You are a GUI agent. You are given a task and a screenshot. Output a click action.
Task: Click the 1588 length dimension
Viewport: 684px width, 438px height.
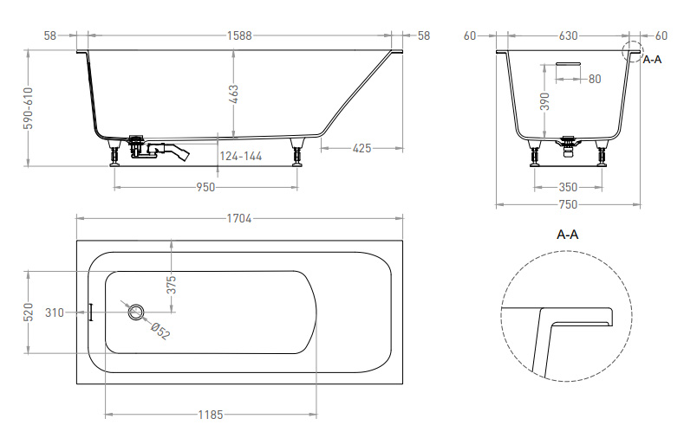[239, 35]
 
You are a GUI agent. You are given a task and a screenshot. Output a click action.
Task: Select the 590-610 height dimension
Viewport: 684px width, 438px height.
[29, 108]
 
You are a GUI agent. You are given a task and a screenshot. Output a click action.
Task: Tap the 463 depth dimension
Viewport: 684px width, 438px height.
[234, 94]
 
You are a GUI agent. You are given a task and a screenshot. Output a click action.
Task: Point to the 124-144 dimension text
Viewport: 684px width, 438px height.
[241, 156]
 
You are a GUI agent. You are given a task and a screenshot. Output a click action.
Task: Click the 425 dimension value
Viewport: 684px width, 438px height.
[362, 149]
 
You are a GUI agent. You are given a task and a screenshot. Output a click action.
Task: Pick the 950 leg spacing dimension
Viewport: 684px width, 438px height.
[205, 187]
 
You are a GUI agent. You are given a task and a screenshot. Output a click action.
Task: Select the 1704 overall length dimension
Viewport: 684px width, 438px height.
[239, 218]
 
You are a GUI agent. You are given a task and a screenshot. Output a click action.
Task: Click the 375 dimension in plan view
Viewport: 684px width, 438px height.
[172, 285]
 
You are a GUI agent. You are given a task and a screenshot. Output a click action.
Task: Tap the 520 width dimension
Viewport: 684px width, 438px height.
[29, 312]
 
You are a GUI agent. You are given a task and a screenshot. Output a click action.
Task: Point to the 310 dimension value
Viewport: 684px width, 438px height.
[55, 312]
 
